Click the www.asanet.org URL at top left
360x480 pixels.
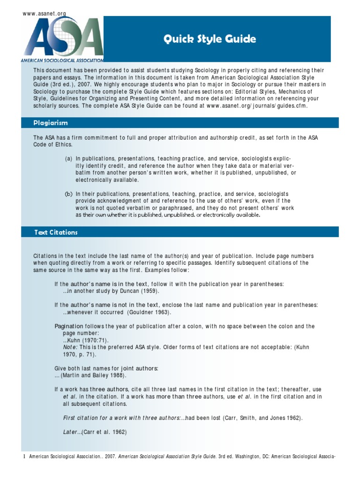click(45, 14)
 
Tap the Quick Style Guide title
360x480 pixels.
click(210, 39)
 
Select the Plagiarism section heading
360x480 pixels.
click(51, 123)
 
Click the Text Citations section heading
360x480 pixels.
click(56, 232)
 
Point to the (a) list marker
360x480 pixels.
click(68, 159)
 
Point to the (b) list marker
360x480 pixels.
click(68, 194)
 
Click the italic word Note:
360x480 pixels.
click(70, 347)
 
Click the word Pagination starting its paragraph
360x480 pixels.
click(68, 326)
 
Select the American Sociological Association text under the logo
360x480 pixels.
click(62, 60)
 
